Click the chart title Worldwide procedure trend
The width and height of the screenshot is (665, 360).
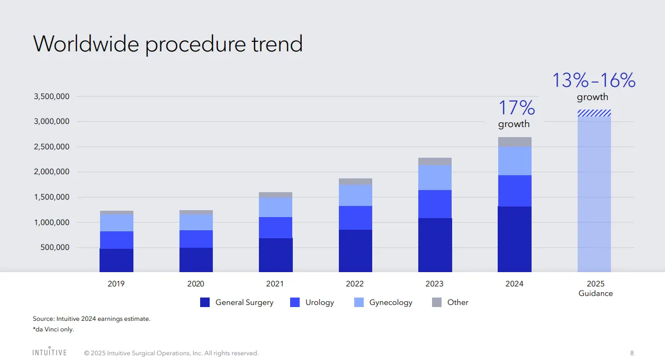point(168,43)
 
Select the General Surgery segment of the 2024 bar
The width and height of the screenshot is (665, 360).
point(514,239)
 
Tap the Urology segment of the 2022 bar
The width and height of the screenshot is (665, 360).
point(355,218)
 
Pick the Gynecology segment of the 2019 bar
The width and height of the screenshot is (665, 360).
point(116,223)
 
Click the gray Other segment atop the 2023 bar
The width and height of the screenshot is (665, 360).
point(435,161)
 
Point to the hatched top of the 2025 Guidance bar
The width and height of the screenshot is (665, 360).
point(594,113)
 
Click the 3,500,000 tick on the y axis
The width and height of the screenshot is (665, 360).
point(52,96)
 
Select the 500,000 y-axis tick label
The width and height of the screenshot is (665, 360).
point(55,247)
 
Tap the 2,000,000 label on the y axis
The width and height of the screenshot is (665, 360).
point(52,172)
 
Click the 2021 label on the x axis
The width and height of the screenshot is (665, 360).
point(275,284)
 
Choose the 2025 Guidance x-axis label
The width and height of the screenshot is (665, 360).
point(596,289)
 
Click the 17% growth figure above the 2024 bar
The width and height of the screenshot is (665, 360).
point(516,108)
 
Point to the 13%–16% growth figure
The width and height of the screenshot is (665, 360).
point(594,80)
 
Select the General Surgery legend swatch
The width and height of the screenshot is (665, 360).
point(205,302)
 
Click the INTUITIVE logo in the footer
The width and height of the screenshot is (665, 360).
point(49,352)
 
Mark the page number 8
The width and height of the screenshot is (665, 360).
point(632,353)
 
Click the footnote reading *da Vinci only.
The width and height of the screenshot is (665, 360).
point(53,329)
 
